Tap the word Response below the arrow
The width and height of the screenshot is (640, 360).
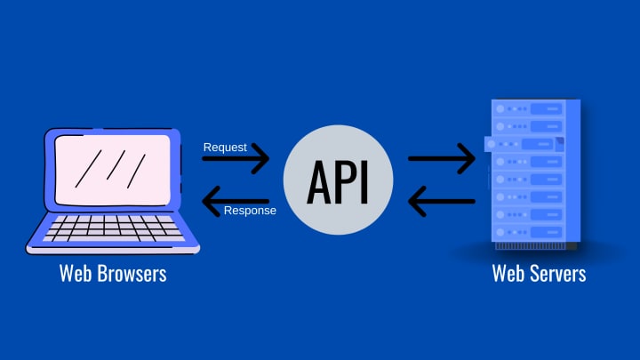tap(250, 211)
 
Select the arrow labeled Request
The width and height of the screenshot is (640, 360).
tap(236, 159)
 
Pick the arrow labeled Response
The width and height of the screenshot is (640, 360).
tap(236, 201)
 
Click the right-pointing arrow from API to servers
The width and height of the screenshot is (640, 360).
tap(442, 159)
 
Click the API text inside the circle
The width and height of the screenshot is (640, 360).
tap(338, 180)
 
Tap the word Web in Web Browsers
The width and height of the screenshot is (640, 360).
tap(76, 273)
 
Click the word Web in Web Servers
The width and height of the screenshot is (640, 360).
tap(508, 273)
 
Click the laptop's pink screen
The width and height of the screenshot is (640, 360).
tap(112, 169)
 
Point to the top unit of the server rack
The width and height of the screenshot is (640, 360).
tap(529, 108)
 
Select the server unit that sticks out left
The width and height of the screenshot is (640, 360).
tap(524, 143)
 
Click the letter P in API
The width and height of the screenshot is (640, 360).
tap(343, 180)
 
